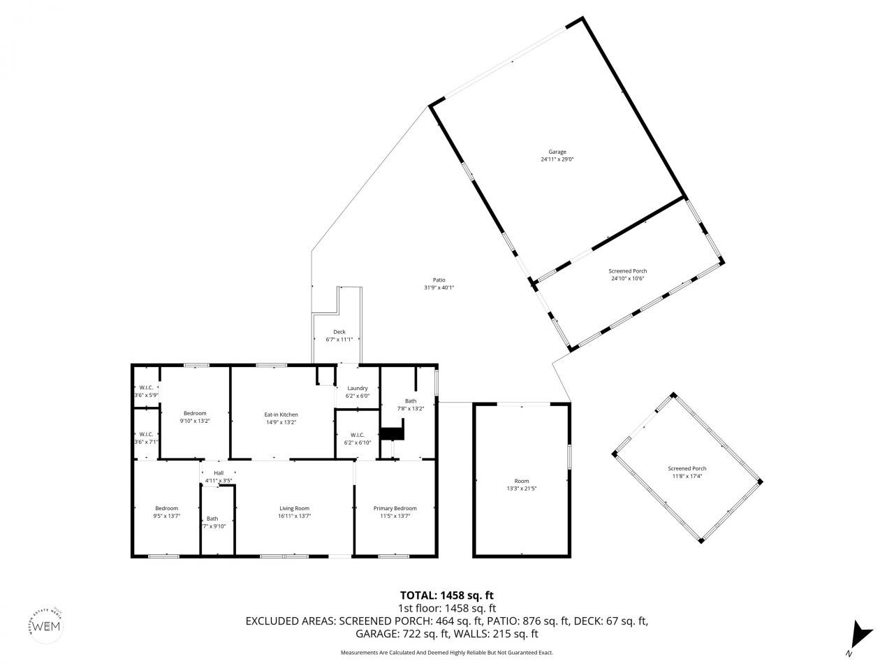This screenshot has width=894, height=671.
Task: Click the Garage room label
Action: click(557, 152)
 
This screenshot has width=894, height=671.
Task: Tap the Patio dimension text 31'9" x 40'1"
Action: click(439, 287)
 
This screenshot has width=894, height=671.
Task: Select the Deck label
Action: click(339, 332)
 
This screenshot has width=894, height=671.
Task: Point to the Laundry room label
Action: click(358, 389)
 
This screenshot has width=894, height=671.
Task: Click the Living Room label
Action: click(293, 508)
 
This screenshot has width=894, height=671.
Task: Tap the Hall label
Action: click(218, 473)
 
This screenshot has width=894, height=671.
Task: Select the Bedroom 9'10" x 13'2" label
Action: click(195, 413)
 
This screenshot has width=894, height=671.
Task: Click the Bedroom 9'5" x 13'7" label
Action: click(166, 508)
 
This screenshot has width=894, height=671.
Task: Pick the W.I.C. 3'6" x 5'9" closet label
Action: click(146, 388)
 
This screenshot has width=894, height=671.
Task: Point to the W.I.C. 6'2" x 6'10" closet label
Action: click(358, 435)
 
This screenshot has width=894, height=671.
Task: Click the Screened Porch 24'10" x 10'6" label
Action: click(627, 271)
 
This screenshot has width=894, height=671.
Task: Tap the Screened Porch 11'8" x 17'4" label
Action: click(687, 468)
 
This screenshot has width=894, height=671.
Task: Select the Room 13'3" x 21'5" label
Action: click(521, 481)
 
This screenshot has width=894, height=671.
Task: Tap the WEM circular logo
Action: click(47, 624)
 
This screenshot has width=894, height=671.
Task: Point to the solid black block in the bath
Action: click(391, 434)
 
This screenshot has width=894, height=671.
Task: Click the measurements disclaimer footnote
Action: click(446, 652)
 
